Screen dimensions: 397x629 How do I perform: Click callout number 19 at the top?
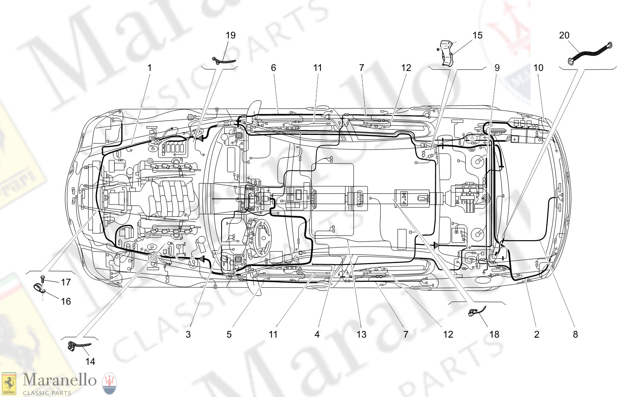tap(230, 35)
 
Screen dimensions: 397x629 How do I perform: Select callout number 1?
tap(149, 68)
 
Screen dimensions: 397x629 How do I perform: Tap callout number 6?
tap(273, 68)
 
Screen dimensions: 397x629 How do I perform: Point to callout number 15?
tap(477, 35)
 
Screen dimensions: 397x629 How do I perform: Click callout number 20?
tap(564, 35)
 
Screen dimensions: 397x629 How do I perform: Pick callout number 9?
tap(497, 68)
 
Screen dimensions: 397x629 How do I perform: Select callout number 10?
tap(538, 68)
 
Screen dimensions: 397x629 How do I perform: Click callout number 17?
tap(66, 282)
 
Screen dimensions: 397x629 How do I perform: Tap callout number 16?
tap(66, 301)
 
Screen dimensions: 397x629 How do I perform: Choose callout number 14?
tap(90, 362)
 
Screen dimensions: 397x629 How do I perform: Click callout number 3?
tap(188, 335)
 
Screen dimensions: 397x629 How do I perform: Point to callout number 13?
tap(361, 335)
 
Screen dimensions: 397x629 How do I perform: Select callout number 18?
tap(494, 335)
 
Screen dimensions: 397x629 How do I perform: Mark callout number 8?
tap(575, 335)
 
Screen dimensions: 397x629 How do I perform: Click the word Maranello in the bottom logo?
tap(59, 380)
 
